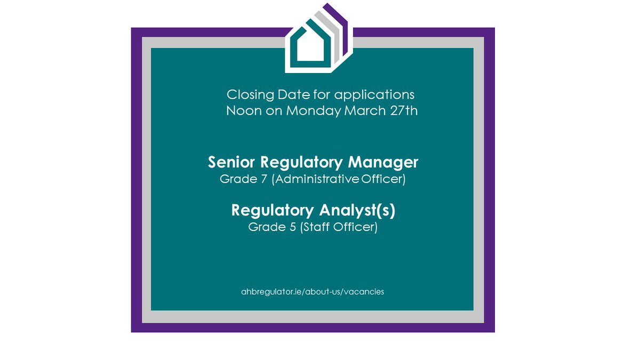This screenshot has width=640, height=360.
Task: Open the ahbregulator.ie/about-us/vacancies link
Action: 313,292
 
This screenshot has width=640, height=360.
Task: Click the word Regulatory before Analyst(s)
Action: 267,210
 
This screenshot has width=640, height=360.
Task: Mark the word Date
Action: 291,95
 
